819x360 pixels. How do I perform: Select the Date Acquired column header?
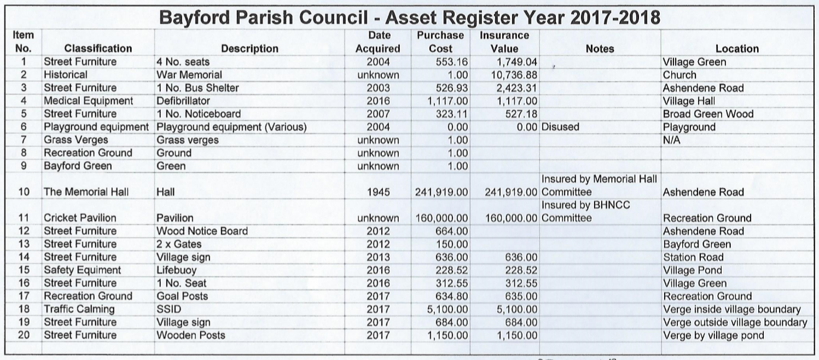[378, 42]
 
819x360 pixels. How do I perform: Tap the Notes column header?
[600, 49]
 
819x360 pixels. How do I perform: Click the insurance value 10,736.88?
[509, 75]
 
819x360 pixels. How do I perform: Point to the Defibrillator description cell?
[183, 101]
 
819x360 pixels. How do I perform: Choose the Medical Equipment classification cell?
[88, 101]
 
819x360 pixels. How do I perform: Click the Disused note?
[560, 127]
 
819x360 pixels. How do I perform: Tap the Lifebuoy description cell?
[176, 270]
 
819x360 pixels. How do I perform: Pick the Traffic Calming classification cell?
[80, 309]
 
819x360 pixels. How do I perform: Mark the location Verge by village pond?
[713, 335]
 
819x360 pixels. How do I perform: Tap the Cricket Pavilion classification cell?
[80, 218]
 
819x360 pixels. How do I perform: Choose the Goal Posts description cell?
[182, 296]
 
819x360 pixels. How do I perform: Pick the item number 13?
[24, 244]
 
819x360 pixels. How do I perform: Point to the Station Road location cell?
[693, 257]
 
